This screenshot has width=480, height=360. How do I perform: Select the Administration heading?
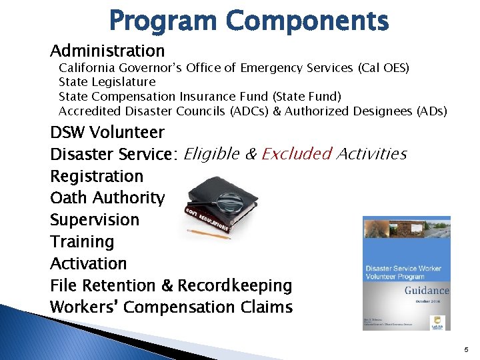[x=107, y=51]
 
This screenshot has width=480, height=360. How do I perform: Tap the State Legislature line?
[x=107, y=82]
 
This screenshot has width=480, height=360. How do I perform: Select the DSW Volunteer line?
[x=107, y=132]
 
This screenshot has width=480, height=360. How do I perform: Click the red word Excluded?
[x=297, y=154]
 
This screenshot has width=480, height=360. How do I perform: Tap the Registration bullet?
[x=97, y=177]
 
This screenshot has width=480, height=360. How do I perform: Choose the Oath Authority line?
[x=107, y=198]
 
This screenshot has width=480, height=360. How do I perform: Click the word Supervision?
[x=95, y=220]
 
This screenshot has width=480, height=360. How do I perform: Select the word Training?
[x=82, y=242]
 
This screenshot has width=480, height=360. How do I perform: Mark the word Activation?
[x=88, y=264]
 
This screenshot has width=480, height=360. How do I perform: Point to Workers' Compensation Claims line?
[x=171, y=307]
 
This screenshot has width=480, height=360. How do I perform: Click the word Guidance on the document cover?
[x=427, y=291]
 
